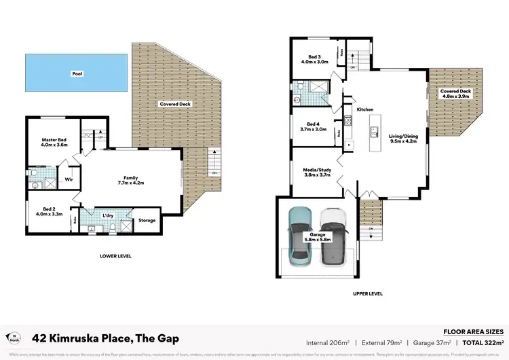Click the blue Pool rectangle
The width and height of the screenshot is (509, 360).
[x=76, y=73]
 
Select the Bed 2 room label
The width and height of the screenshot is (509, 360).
[x=50, y=211]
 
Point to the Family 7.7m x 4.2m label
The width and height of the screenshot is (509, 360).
[x=130, y=180]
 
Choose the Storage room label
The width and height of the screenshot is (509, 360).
[x=147, y=220]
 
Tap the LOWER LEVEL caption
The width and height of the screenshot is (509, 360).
[x=115, y=256]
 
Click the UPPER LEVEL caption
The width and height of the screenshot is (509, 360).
[x=368, y=293]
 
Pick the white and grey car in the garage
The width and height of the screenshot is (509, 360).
[x=333, y=235]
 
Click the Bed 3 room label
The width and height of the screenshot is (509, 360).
[x=314, y=59]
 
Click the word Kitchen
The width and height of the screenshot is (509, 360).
[x=365, y=109]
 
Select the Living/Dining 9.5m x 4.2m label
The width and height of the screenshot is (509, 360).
[x=402, y=139]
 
